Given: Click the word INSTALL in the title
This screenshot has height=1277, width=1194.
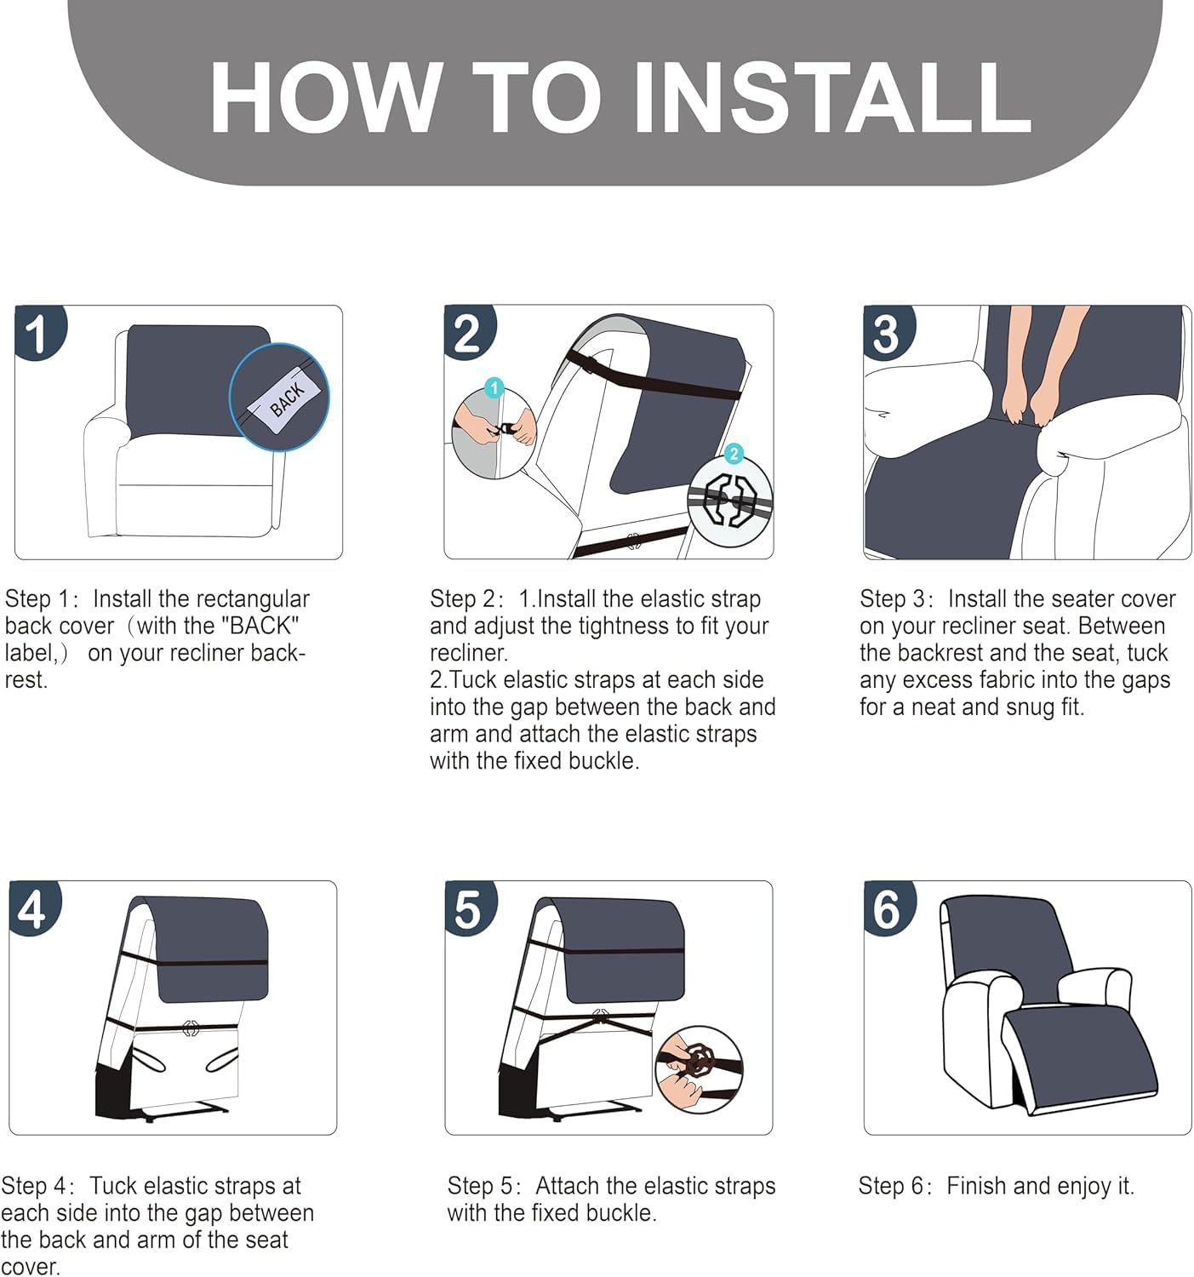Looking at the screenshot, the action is tap(832, 98).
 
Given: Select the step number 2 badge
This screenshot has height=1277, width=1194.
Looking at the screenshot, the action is tap(469, 332).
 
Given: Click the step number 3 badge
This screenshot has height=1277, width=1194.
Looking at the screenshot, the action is tap(888, 332).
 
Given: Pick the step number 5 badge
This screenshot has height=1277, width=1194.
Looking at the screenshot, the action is tap(470, 908).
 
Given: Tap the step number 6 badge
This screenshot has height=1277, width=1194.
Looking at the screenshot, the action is tap(889, 908).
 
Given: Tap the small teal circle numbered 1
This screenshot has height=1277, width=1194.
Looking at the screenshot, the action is tap(494, 387).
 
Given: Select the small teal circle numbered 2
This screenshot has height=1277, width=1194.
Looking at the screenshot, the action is tap(734, 454).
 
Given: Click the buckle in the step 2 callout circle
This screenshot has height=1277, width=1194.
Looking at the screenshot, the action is tap(728, 501).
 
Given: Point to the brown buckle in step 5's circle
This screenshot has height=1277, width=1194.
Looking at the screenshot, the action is tap(698, 1059).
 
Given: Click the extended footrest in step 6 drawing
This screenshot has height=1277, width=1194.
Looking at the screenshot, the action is tap(1079, 1055).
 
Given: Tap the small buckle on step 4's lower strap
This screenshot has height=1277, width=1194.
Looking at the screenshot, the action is tap(191, 1028).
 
